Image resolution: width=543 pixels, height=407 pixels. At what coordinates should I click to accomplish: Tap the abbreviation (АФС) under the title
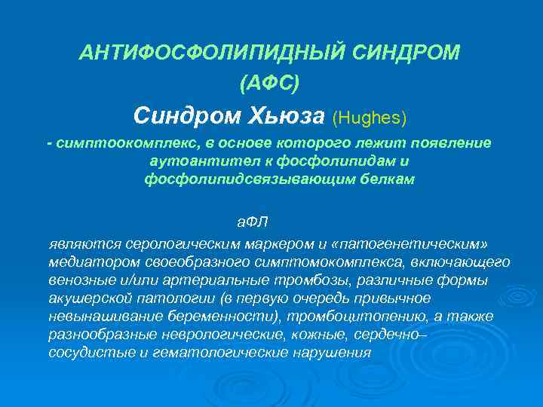[x=269, y=83]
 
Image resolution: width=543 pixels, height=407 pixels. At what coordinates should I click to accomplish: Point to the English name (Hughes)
[x=370, y=118]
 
